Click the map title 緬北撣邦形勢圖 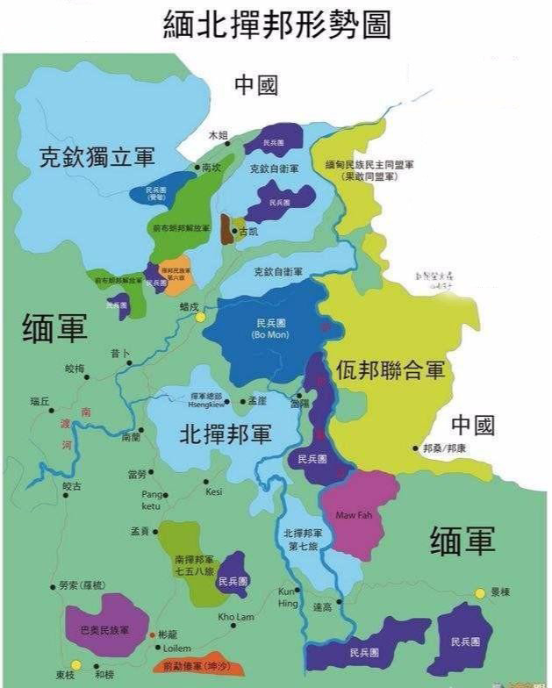(x=276, y=25)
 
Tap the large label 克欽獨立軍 (x=97, y=157)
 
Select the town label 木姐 (x=218, y=135)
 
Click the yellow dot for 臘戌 (x=200, y=317)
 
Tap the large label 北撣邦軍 (x=225, y=434)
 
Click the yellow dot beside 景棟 (x=480, y=593)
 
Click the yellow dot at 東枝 (x=76, y=664)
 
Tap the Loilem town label (x=173, y=648)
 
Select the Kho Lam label (x=235, y=617)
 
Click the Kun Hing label (x=289, y=597)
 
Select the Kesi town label (x=214, y=491)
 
